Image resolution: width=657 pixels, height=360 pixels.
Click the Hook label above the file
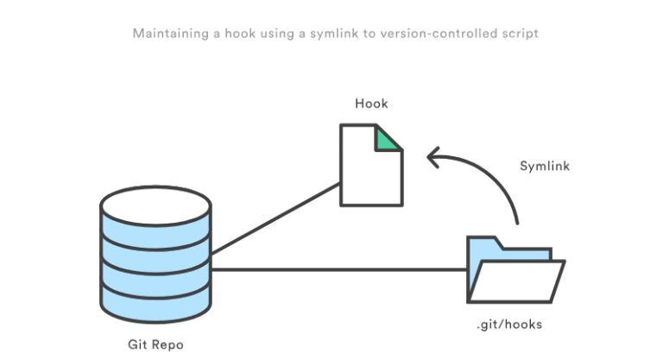pos(371,104)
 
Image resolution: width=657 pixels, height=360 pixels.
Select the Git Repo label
pos(155,344)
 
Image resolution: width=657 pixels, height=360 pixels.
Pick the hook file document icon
pos(370,168)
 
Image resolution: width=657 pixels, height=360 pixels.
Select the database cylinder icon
pos(155,259)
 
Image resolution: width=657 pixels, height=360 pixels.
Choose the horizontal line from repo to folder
pos(337,270)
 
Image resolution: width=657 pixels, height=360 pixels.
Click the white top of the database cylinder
pos(155,204)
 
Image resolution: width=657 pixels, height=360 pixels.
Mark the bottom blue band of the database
pos(155,302)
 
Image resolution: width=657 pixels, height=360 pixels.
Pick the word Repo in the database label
pos(168,344)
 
